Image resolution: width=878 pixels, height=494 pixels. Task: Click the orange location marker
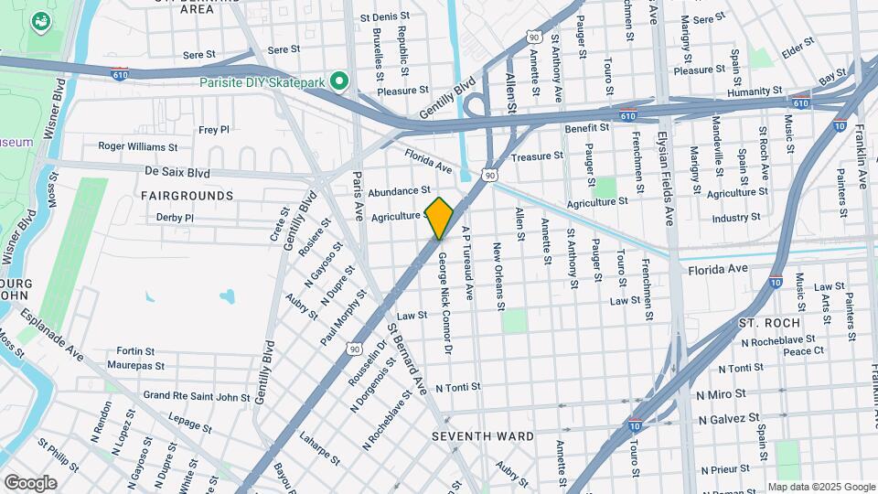coord(440,217)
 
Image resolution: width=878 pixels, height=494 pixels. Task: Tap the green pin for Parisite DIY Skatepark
coord(339,82)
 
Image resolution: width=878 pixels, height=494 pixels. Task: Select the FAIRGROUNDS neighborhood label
coord(187,196)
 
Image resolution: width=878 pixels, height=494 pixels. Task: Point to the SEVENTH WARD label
coord(483,436)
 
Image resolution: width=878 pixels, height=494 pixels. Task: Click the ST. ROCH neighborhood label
coord(769,323)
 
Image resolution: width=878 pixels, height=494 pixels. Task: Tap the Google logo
coord(30,482)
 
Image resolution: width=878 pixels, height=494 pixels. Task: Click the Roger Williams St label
coord(138,146)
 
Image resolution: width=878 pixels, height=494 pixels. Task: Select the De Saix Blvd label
coord(177,171)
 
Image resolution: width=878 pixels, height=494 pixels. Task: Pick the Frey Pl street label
coord(213,130)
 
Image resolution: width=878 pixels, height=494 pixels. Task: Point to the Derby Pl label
coord(175,218)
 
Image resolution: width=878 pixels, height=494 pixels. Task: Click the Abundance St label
coord(399,191)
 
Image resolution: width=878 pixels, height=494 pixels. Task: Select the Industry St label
coord(736,218)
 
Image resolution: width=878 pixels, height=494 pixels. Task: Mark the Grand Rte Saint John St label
coord(197,397)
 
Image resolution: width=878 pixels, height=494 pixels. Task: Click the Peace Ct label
coord(804,350)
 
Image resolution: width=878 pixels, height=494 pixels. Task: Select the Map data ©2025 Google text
coord(820,487)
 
